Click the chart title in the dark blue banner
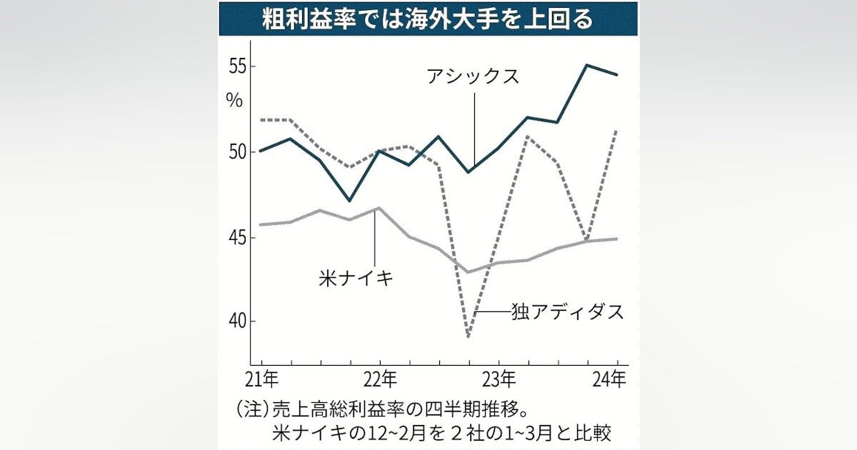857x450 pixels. coord(428,19)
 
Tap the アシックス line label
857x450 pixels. coord(473,76)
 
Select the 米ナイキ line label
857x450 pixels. coord(356,278)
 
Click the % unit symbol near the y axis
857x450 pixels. coord(235,100)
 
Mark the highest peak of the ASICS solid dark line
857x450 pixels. coord(586,65)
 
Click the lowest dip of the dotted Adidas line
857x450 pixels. coord(468,336)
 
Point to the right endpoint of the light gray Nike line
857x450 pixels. coord(616,239)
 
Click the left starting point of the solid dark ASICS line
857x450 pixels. coord(261,151)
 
